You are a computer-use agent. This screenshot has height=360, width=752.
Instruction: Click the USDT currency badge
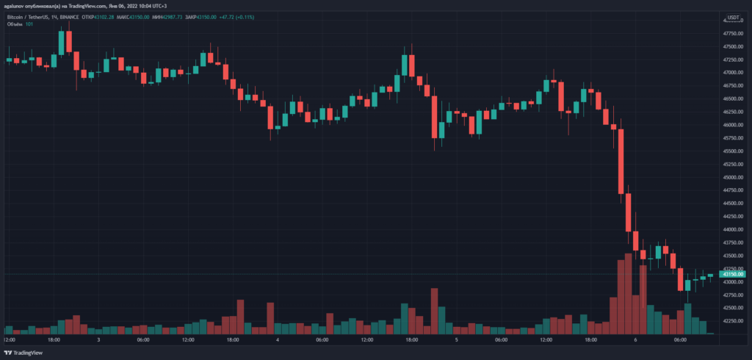click(x=734, y=16)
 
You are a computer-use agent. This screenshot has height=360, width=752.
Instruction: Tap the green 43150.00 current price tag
click(x=735, y=274)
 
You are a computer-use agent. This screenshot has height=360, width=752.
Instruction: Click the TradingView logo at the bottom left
click(x=24, y=352)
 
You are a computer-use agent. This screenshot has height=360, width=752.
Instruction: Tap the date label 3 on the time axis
click(x=98, y=340)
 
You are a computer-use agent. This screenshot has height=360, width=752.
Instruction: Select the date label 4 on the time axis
click(x=278, y=340)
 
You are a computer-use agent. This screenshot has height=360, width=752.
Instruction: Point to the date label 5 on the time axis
click(x=457, y=340)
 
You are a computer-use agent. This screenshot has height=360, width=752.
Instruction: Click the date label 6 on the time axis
click(x=635, y=340)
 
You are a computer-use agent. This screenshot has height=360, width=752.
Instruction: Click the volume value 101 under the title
click(x=29, y=24)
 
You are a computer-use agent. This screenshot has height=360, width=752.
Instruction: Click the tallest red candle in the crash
click(x=621, y=161)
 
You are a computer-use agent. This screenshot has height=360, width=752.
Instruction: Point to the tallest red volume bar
click(x=629, y=294)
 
